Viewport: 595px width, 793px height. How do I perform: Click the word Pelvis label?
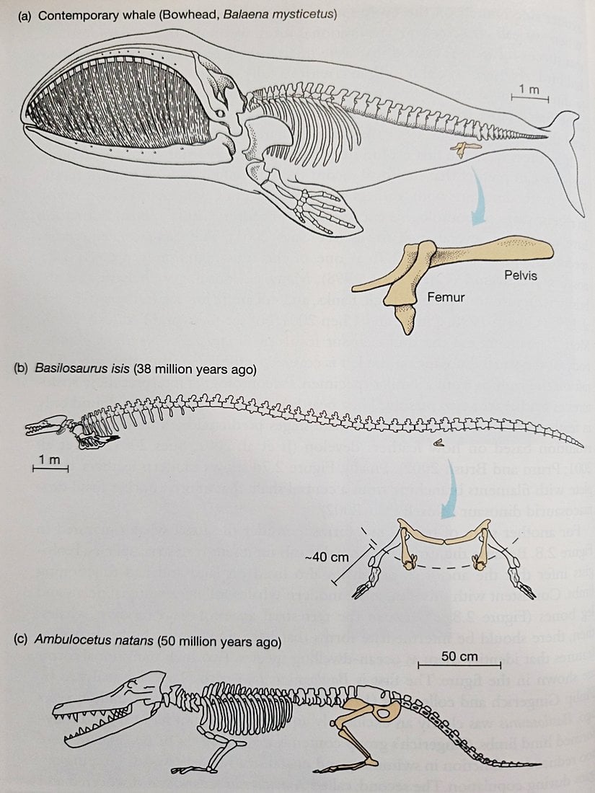pyautogui.click(x=520, y=275)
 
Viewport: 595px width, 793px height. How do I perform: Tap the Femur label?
pyautogui.click(x=445, y=297)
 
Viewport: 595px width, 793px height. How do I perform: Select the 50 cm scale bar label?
pyautogui.click(x=459, y=657)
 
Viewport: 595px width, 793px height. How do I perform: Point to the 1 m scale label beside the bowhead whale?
pyautogui.click(x=529, y=89)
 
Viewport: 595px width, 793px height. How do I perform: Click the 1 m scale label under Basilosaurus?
pyautogui.click(x=50, y=460)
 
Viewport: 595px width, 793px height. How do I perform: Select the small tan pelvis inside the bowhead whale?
pyautogui.click(x=466, y=149)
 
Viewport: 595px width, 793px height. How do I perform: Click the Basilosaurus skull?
pyautogui.click(x=47, y=425)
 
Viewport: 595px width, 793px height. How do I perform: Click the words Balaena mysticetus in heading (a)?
pyautogui.click(x=279, y=14)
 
